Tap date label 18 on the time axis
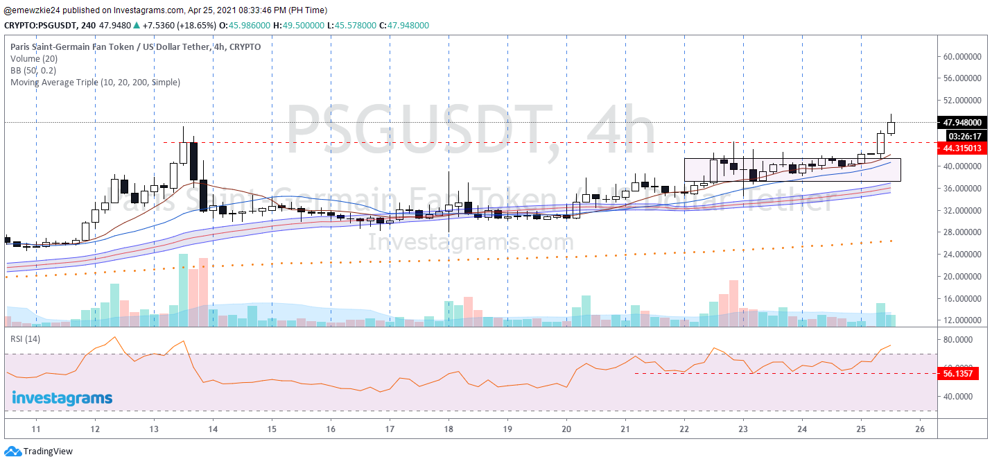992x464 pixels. click(x=449, y=429)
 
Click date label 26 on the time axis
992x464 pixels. click(x=919, y=429)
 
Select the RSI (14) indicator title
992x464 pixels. click(x=25, y=338)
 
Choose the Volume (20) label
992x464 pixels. click(x=34, y=59)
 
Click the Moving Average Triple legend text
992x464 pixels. click(x=95, y=82)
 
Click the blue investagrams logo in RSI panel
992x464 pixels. click(x=62, y=398)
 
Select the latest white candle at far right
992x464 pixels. click(x=891, y=127)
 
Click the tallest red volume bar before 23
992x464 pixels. click(x=733, y=302)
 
